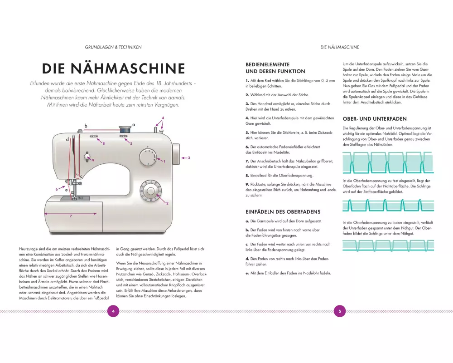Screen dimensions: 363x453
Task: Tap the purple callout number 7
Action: click(x=71, y=216)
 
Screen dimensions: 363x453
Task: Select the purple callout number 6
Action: click(x=57, y=189)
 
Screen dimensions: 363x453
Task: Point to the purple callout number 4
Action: click(x=163, y=118)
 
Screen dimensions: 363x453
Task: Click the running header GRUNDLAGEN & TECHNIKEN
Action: click(x=113, y=47)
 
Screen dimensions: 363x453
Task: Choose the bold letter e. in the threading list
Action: click(x=247, y=273)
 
